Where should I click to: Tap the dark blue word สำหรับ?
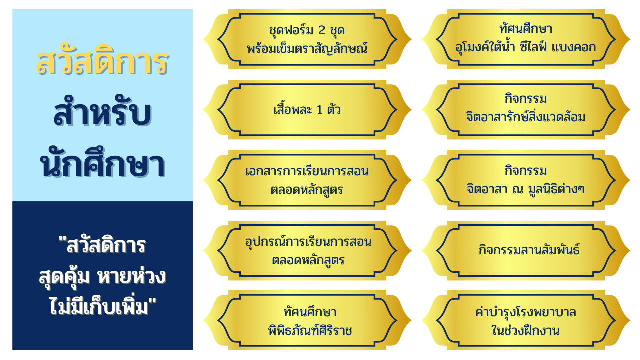(103, 112)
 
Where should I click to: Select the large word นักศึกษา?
(103, 163)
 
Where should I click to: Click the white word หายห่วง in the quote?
(131, 276)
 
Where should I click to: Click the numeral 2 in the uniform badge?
(321, 30)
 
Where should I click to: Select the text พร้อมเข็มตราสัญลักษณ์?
(307, 49)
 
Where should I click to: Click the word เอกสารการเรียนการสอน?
(307, 171)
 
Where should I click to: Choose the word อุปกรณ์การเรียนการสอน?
(308, 242)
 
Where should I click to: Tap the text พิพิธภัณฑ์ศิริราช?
(310, 331)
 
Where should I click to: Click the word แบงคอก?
(574, 47)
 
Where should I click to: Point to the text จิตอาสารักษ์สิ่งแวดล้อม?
(525, 117)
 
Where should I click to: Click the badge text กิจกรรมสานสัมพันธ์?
(529, 249)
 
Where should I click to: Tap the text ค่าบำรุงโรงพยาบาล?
(525, 312)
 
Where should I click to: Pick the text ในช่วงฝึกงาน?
(525, 330)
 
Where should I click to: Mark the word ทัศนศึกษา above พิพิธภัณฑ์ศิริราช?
(310, 312)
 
